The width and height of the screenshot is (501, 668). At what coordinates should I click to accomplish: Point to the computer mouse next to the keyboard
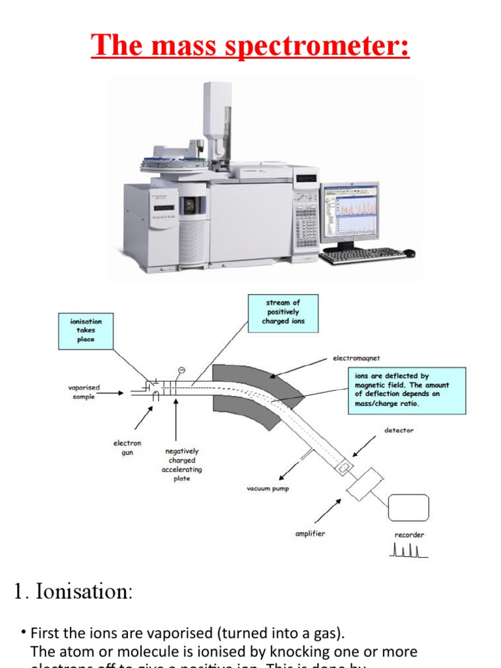[408, 252]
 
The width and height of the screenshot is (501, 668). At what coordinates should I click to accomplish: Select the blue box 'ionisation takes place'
[85, 331]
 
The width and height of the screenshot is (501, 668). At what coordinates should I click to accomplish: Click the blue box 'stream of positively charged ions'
[283, 312]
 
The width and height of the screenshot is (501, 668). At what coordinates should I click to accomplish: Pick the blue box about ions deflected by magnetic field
[401, 390]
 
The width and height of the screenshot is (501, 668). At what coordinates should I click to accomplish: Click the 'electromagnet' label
[356, 359]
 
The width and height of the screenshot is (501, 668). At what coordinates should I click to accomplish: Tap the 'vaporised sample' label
[84, 392]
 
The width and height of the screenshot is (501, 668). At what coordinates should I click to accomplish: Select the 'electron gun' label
[127, 448]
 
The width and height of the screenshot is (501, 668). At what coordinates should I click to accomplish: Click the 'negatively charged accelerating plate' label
[182, 464]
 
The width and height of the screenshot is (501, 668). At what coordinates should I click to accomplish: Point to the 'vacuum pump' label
[267, 488]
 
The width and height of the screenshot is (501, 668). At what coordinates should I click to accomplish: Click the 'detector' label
[399, 431]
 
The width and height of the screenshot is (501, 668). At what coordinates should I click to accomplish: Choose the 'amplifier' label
[310, 534]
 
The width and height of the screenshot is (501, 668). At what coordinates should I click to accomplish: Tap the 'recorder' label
[409, 535]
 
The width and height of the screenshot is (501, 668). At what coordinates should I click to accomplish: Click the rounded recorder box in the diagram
[408, 508]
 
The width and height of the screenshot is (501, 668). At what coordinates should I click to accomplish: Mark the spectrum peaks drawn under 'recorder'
[408, 551]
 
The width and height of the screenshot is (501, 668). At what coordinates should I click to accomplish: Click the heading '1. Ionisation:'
[73, 592]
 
